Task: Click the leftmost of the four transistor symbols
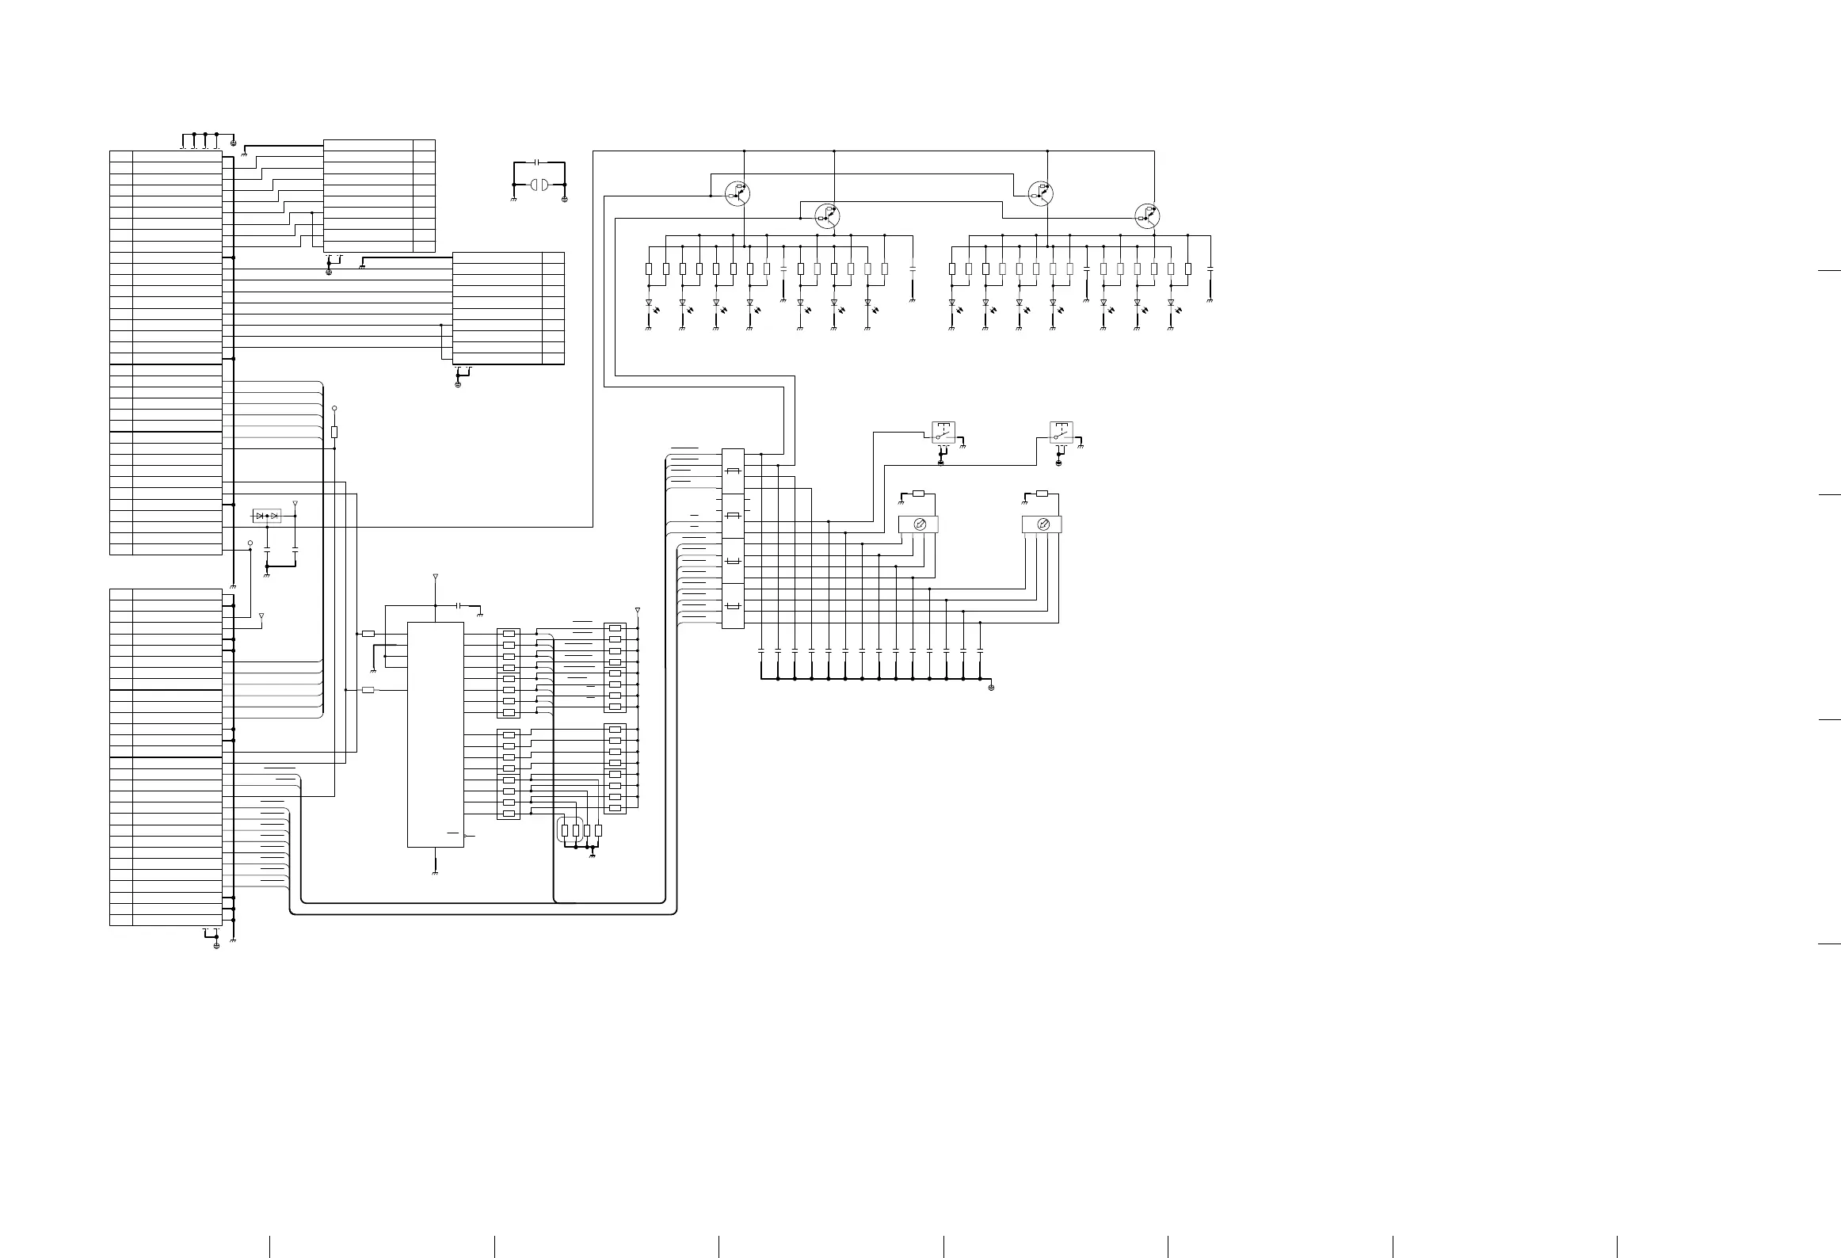click(x=738, y=193)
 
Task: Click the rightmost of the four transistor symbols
click(x=1147, y=215)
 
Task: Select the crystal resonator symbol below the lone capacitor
click(x=539, y=185)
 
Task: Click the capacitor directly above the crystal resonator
click(x=539, y=162)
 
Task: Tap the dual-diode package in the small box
click(x=266, y=516)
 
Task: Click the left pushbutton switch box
click(x=943, y=433)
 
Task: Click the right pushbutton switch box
click(x=1062, y=433)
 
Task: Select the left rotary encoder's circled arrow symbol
click(x=919, y=524)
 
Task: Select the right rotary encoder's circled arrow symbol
click(x=1042, y=524)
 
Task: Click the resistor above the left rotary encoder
click(x=918, y=494)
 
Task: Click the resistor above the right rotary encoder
click(x=1042, y=494)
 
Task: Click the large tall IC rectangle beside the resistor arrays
click(x=435, y=734)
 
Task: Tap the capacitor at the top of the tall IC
click(x=459, y=605)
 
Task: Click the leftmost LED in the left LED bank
click(x=649, y=303)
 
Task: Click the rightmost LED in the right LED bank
click(x=1171, y=303)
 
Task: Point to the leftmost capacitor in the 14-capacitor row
click(x=761, y=651)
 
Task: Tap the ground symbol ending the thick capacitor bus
click(x=991, y=687)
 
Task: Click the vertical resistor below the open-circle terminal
click(x=334, y=432)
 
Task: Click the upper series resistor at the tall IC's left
click(x=368, y=634)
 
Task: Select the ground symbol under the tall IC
click(x=435, y=872)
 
